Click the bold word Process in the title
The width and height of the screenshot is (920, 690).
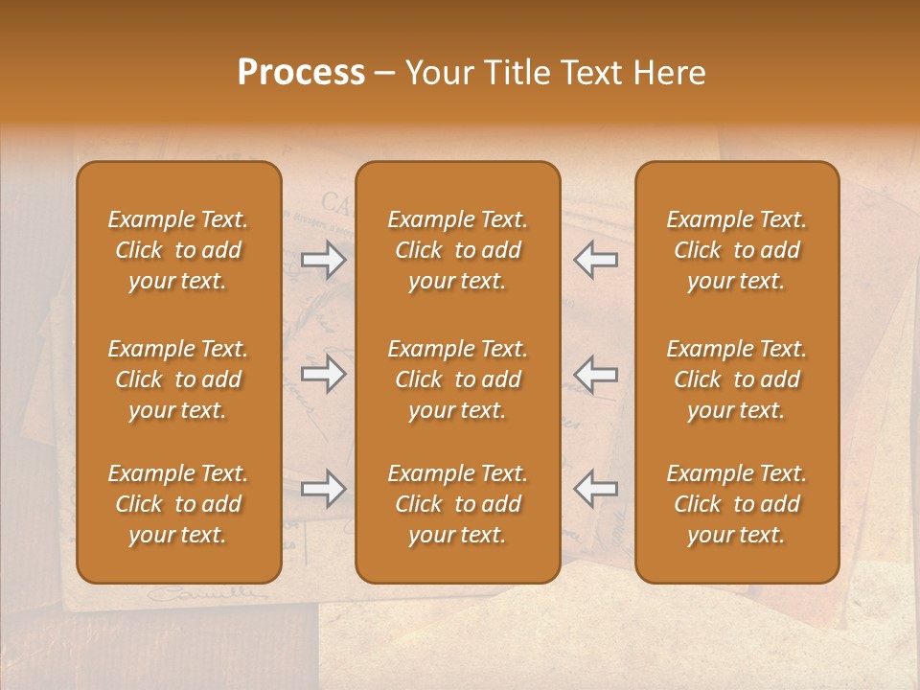pyautogui.click(x=301, y=73)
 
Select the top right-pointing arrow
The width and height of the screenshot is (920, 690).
pyautogui.click(x=324, y=261)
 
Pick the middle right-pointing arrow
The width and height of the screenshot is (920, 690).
pyautogui.click(x=324, y=375)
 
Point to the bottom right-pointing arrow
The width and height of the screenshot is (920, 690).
pyautogui.click(x=324, y=490)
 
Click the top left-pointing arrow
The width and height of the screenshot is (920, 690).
pyautogui.click(x=595, y=261)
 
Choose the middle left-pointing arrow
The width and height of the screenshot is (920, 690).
pyautogui.click(x=595, y=375)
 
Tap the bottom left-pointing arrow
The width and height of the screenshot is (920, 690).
pyautogui.click(x=595, y=490)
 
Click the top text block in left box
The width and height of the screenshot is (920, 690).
pyautogui.click(x=178, y=250)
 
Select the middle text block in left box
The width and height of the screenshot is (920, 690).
pyautogui.click(x=178, y=379)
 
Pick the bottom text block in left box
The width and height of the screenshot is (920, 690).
pyautogui.click(x=178, y=504)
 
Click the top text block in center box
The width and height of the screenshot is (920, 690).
pyautogui.click(x=458, y=250)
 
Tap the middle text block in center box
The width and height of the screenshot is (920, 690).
pyautogui.click(x=458, y=379)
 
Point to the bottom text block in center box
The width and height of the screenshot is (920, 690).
pyautogui.click(x=458, y=504)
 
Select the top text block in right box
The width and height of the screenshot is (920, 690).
pyautogui.click(x=737, y=250)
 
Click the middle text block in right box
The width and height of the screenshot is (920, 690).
pyautogui.click(x=737, y=379)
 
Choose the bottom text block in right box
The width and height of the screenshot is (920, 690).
pyautogui.click(x=737, y=504)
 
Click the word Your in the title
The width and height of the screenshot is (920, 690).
pyautogui.click(x=436, y=73)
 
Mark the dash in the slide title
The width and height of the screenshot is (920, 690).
pyautogui.click(x=385, y=74)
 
